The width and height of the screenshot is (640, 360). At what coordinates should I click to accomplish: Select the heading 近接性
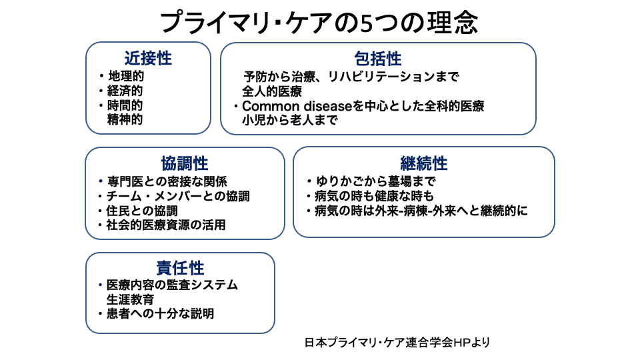tap(148, 59)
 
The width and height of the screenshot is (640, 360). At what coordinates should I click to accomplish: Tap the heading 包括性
tap(378, 59)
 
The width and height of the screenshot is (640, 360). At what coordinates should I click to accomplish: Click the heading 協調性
tap(185, 163)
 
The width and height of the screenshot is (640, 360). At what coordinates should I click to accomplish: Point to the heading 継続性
tap(424, 163)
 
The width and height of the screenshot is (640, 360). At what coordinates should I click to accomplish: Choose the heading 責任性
tap(180, 268)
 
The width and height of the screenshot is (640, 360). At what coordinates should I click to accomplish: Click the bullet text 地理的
tap(126, 76)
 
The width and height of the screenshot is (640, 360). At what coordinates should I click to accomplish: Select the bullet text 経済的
tap(126, 91)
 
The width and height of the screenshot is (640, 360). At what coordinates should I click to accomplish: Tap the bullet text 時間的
tap(126, 105)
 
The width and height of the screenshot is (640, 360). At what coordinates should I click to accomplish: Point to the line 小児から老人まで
tap(290, 121)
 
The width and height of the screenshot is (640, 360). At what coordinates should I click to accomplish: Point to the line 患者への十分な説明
tap(161, 314)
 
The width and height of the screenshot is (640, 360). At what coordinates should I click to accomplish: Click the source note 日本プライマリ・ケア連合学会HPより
tap(398, 343)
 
